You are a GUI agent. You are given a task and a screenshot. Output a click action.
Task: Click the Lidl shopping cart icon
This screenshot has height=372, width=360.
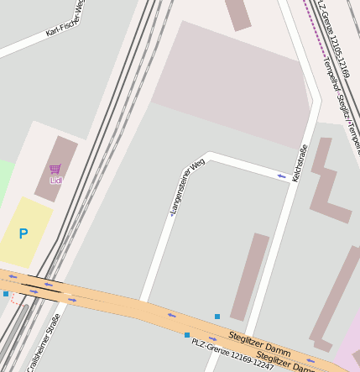[55, 169]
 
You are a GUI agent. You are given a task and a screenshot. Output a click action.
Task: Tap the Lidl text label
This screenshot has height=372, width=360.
[56, 181]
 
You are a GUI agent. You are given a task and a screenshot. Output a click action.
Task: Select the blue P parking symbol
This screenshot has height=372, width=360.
[23, 234]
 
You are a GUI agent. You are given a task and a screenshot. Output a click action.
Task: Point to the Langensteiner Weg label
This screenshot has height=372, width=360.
[187, 188]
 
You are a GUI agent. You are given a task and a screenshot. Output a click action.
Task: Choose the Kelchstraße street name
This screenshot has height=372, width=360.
[300, 163]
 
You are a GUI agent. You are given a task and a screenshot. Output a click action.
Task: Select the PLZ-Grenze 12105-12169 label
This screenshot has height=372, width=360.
[333, 51]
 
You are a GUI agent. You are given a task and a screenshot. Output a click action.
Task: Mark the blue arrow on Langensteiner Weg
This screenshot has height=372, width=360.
[282, 176]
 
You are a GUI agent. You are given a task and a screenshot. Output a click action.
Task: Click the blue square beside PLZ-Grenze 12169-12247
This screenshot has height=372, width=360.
[187, 334]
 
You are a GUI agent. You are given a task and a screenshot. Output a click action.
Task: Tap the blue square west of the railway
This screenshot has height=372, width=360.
[6, 294]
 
